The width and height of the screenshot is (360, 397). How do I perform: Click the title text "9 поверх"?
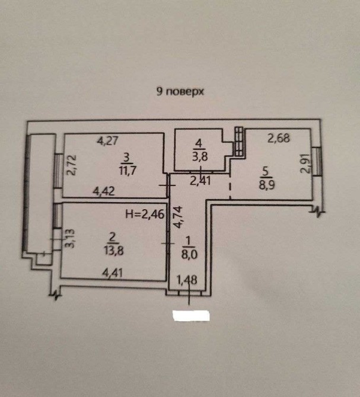coord(180,92)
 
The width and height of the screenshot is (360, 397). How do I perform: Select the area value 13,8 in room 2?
coord(114,250)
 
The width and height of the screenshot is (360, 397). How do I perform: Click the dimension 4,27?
coord(109,141)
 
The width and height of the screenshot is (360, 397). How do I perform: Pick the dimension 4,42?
coord(104,191)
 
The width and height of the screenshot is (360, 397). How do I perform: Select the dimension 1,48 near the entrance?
coord(186,279)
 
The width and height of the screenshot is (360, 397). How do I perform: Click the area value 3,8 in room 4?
coord(200,156)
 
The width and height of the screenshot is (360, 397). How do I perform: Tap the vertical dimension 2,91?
coord(305,164)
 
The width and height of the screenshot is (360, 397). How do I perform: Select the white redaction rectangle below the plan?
coord(190,316)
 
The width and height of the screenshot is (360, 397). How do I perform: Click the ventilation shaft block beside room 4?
coord(239,142)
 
